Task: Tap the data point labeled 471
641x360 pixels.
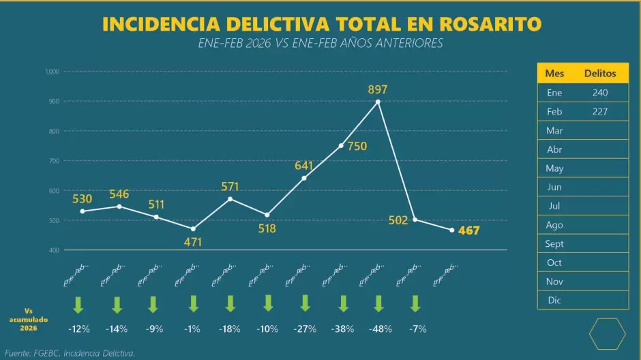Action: click(x=193, y=228)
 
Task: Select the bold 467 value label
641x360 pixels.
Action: click(x=468, y=230)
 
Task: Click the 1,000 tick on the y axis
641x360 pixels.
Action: click(x=52, y=72)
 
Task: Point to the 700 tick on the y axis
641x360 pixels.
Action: click(x=53, y=161)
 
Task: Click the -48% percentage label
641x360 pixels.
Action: click(x=380, y=329)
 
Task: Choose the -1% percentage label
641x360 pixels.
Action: click(x=192, y=329)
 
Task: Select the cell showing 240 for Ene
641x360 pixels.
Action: click(x=599, y=93)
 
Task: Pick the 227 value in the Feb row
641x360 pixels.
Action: click(x=599, y=112)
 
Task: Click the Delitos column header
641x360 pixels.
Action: click(x=599, y=73)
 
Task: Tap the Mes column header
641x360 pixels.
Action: click(x=554, y=73)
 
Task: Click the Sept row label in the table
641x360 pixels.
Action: click(x=554, y=243)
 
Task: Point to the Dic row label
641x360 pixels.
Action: click(x=554, y=300)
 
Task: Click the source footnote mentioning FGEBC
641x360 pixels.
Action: click(x=70, y=352)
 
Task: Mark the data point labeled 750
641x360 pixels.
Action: click(x=341, y=146)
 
